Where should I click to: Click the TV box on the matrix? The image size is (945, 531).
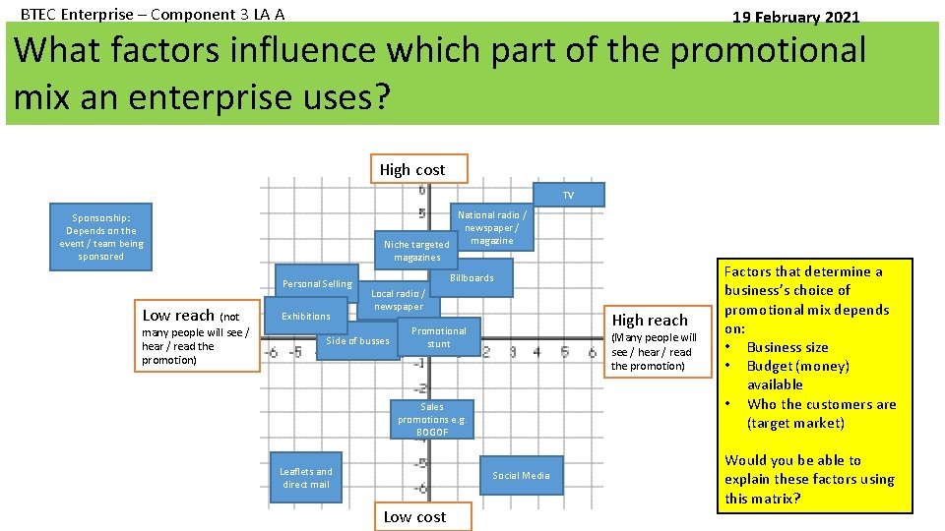coord(568,196)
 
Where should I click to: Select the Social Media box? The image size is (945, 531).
coord(521,476)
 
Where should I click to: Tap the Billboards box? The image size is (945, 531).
coord(472,278)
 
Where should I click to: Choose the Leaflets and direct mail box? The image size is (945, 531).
coord(306,478)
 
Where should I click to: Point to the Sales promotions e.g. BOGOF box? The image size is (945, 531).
coord(432,419)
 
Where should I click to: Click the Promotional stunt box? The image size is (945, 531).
coord(439,337)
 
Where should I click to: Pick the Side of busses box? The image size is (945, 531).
coord(357,341)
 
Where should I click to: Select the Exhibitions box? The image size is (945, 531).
coord(306,317)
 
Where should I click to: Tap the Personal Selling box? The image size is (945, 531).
coord(316,284)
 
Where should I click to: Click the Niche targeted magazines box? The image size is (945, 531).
coord(416,251)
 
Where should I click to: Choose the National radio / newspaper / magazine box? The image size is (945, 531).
coord(492,227)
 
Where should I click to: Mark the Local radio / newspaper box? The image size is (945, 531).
coord(398,299)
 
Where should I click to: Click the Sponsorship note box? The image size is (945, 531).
coord(101,237)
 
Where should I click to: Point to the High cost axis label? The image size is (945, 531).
coord(412,169)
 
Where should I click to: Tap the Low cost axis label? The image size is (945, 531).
coord(414,516)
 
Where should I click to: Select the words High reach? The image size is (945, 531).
coord(650,320)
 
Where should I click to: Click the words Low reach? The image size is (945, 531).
coord(178,316)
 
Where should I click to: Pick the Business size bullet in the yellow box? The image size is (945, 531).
coord(787,347)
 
